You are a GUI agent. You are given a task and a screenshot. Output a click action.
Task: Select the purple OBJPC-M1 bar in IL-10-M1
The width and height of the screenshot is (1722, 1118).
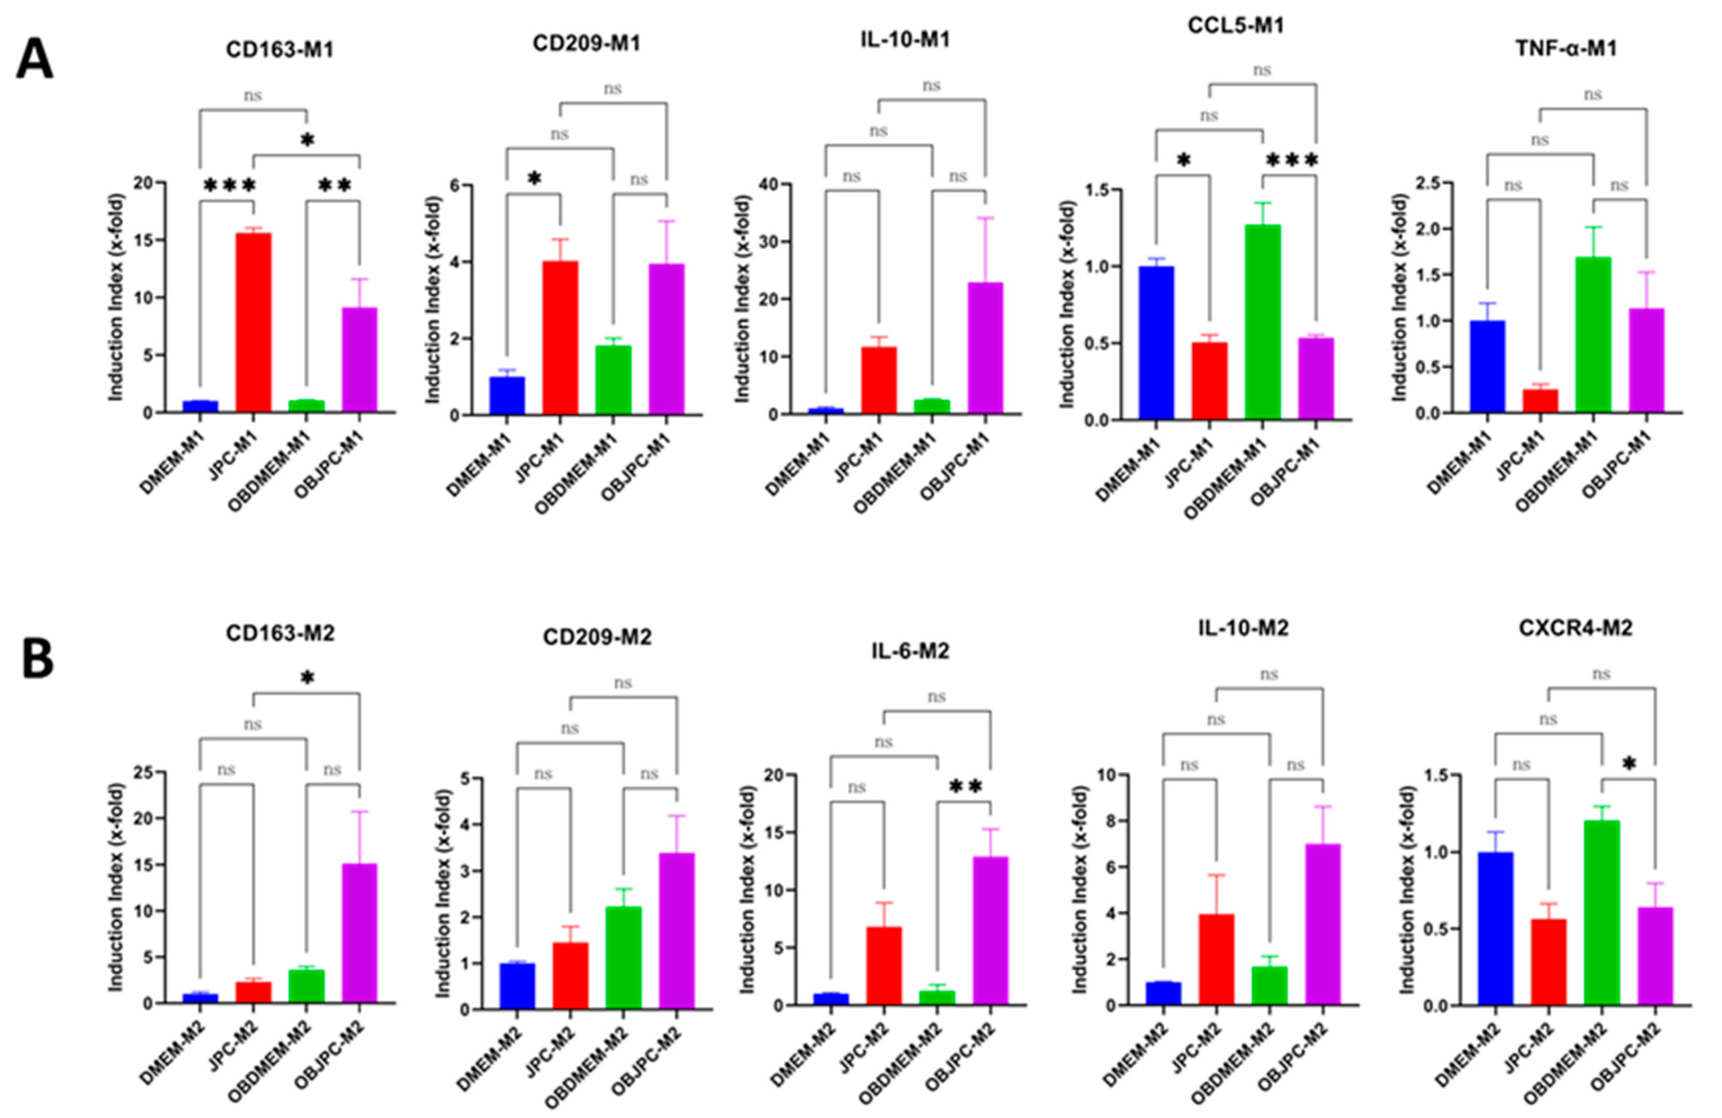(985, 348)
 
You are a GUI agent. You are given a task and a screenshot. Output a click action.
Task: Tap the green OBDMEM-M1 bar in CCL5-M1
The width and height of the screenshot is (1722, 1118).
(1263, 322)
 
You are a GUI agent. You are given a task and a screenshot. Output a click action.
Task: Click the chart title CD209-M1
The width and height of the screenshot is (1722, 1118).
(586, 43)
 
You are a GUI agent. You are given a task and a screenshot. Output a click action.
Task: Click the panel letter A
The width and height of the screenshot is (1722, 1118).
(34, 60)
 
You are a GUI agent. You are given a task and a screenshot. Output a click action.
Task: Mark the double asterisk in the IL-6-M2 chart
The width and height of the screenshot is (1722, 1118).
(965, 787)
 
